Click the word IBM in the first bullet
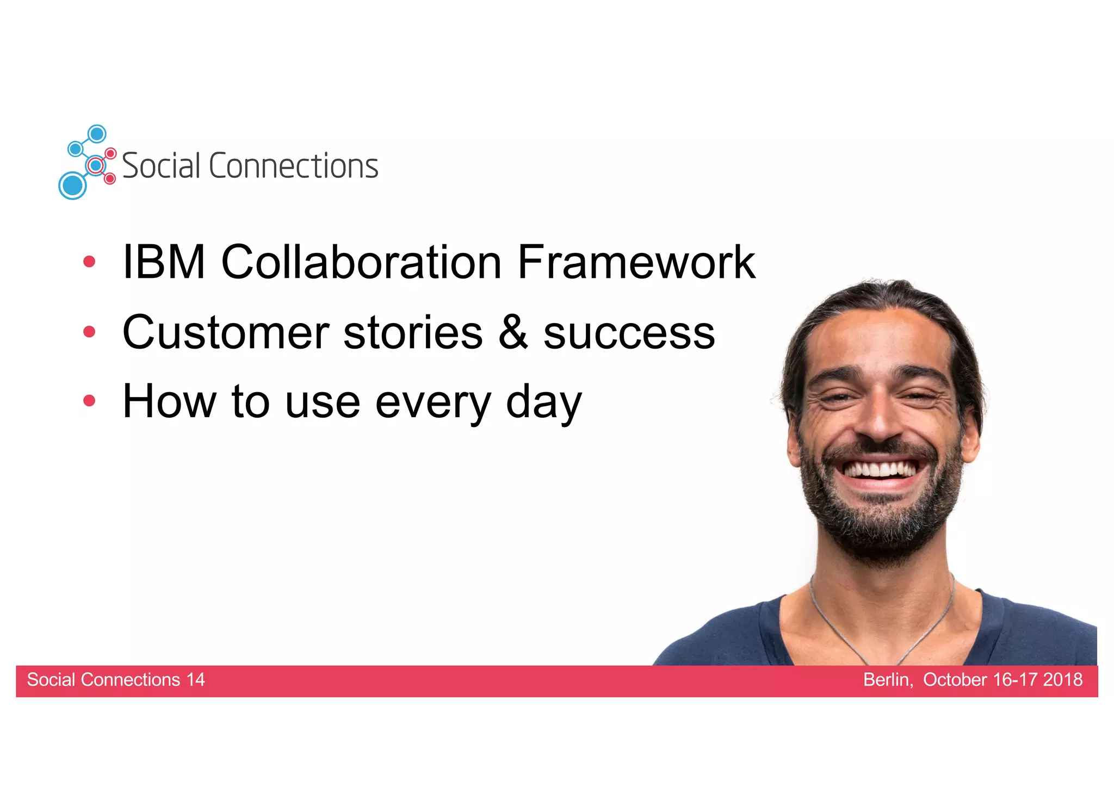point(164,262)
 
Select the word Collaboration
point(361,262)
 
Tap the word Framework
point(636,262)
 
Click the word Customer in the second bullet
point(226,332)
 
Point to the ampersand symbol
point(513,332)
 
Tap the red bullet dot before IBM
point(89,262)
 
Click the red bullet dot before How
point(89,401)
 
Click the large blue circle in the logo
point(72,185)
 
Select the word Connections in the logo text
point(293,166)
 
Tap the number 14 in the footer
point(195,680)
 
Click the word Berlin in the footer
point(887,680)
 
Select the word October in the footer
point(955,680)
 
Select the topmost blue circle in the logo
point(97,134)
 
